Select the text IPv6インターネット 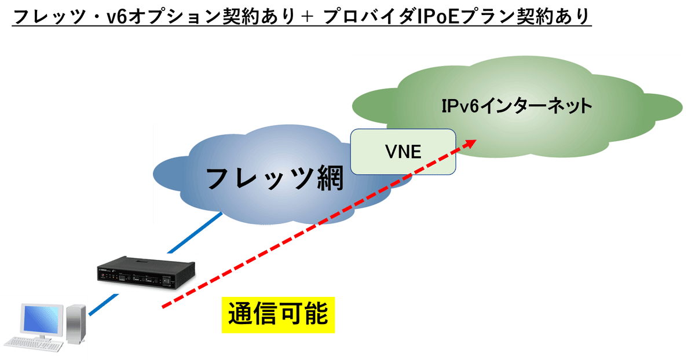click(x=517, y=106)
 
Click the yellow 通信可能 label click(x=278, y=315)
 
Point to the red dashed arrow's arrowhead click(x=471, y=142)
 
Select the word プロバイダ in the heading click(x=370, y=17)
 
